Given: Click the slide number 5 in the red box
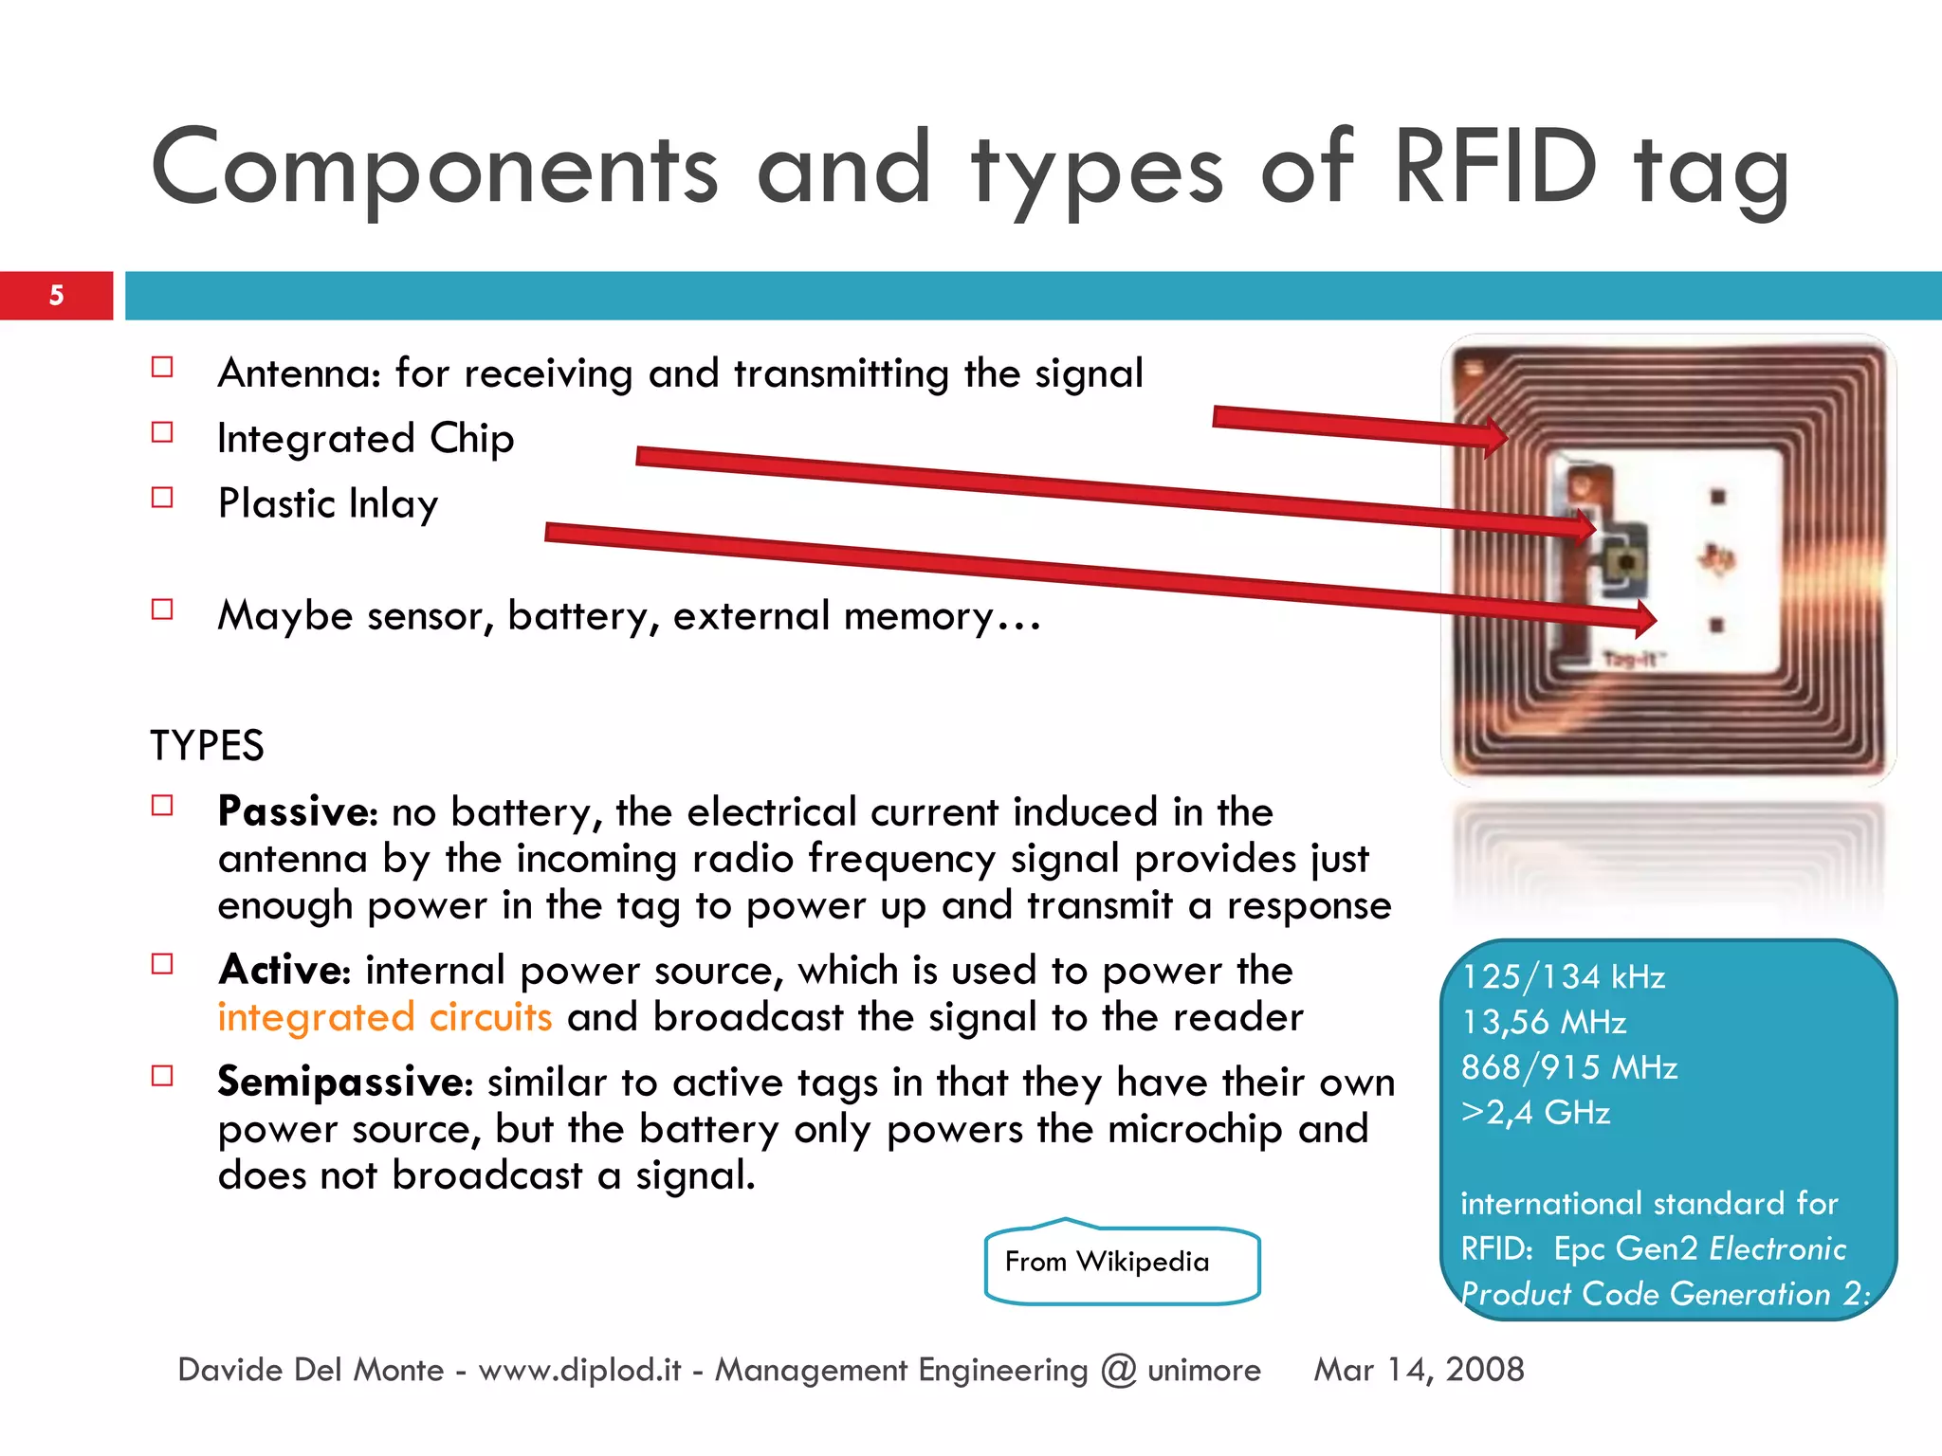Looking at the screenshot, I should point(56,295).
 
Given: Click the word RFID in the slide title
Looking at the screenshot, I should point(1496,168).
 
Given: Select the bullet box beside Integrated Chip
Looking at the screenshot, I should point(162,433).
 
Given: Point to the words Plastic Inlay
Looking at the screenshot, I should point(327,503).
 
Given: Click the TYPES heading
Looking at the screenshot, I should point(207,746).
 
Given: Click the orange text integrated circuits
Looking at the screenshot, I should point(384,1017).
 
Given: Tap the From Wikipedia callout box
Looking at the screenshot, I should point(1122,1263).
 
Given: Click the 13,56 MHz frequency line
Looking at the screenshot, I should point(1544,1022).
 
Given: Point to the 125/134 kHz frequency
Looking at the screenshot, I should point(1563,976).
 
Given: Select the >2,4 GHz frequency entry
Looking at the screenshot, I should point(1535,1112).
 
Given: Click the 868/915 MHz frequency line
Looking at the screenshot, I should point(1569,1067).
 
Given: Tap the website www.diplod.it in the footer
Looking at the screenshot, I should point(579,1370).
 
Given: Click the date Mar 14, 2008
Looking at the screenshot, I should point(1419,1370).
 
